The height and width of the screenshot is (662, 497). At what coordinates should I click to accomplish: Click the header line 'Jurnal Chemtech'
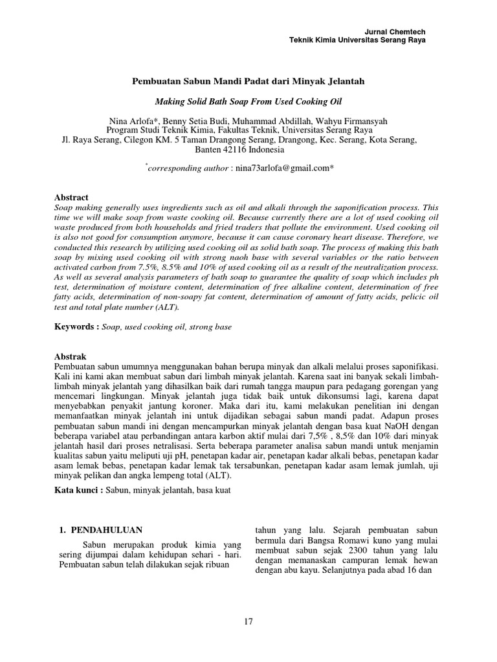tap(395, 32)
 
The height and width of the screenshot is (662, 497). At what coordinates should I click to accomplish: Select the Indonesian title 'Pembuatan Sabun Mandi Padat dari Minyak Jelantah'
tap(249, 82)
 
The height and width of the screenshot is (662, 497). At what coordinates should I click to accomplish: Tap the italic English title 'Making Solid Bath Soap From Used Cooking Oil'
tap(248, 101)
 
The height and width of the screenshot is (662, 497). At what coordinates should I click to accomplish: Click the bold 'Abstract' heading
tap(72, 197)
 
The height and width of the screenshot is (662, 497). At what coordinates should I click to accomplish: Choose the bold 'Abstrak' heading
tap(71, 356)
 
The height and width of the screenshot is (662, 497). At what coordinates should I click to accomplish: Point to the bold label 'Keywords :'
tap(76, 327)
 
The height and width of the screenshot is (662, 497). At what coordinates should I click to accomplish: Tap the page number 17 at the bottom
tap(248, 622)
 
